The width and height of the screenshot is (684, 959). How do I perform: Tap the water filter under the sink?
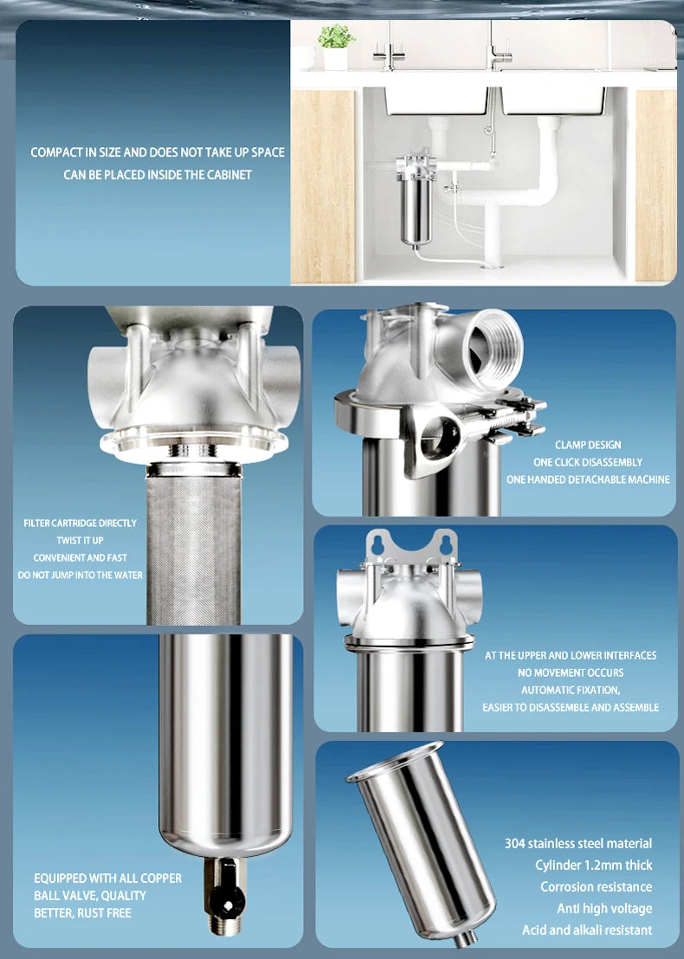click(x=415, y=200)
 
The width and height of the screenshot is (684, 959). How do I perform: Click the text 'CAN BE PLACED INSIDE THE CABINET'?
click(x=158, y=175)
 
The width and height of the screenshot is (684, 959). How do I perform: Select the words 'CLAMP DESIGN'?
click(x=588, y=445)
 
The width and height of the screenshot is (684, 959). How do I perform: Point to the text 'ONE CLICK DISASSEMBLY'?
click(x=588, y=462)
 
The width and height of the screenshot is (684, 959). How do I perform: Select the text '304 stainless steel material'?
click(x=578, y=843)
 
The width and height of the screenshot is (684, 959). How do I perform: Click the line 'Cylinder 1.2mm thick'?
click(x=593, y=865)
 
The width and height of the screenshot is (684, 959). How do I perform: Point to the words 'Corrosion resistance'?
click(x=596, y=886)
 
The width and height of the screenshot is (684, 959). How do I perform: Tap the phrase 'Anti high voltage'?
click(x=604, y=908)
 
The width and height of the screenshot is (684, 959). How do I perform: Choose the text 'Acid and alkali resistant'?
click(x=587, y=930)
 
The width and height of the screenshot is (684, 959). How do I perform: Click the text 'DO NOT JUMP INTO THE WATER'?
click(x=81, y=576)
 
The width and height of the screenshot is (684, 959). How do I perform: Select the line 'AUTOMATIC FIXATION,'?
click(x=570, y=690)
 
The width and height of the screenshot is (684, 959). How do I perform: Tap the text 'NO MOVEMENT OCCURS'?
click(x=571, y=673)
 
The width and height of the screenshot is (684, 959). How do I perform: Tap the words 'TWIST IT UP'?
click(x=81, y=541)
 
